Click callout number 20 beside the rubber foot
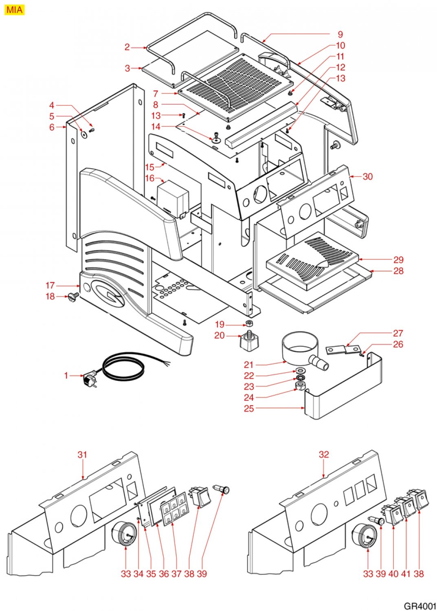click(x=220, y=335)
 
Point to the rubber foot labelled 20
click(x=249, y=340)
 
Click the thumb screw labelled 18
click(x=73, y=297)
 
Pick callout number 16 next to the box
click(x=149, y=178)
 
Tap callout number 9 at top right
click(x=340, y=34)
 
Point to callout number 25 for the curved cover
click(x=249, y=408)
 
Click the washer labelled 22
click(x=300, y=371)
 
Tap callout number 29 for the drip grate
click(x=398, y=260)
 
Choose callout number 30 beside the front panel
click(x=367, y=176)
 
